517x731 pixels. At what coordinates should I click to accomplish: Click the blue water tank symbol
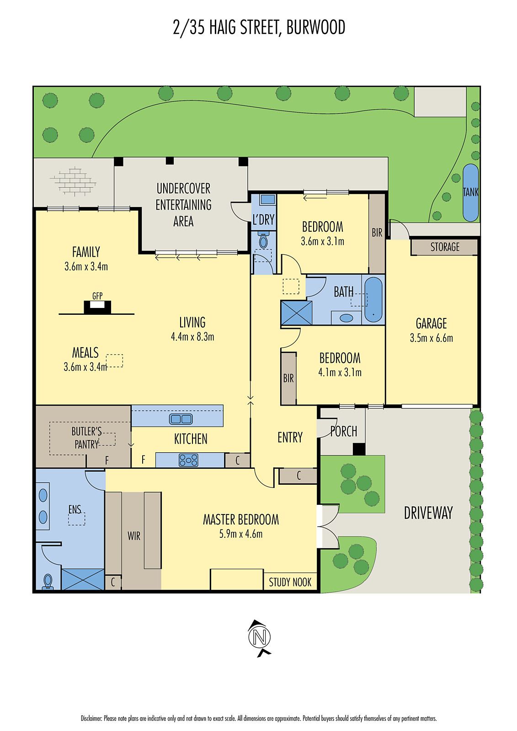tap(470, 192)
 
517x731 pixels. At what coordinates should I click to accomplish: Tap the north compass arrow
tap(259, 637)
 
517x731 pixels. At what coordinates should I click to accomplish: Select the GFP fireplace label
tap(97, 296)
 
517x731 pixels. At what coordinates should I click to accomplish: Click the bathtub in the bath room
tap(373, 299)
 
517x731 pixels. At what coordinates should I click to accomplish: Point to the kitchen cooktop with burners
tap(188, 460)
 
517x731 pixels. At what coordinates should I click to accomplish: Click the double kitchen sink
tap(181, 418)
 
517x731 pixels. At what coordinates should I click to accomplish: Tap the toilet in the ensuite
tap(48, 582)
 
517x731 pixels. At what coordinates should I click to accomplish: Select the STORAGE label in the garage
tap(444, 247)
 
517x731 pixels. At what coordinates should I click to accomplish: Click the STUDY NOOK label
tap(290, 582)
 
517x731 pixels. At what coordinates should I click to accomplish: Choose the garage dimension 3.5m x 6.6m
tap(431, 338)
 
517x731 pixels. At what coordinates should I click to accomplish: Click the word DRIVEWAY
tap(428, 513)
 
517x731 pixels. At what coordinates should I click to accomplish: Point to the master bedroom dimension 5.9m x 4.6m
tap(240, 534)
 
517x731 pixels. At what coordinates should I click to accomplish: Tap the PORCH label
tap(344, 431)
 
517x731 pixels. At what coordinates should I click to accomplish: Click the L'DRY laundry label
tap(263, 220)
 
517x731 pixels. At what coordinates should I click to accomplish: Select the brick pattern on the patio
tap(73, 181)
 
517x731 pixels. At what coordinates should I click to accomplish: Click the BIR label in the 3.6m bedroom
tap(377, 233)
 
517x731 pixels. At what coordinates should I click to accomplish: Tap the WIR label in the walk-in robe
tap(133, 536)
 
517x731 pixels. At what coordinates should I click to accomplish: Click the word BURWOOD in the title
tap(315, 27)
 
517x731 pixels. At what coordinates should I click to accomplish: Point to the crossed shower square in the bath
tap(296, 313)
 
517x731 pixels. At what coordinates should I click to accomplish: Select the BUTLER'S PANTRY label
tap(86, 438)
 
